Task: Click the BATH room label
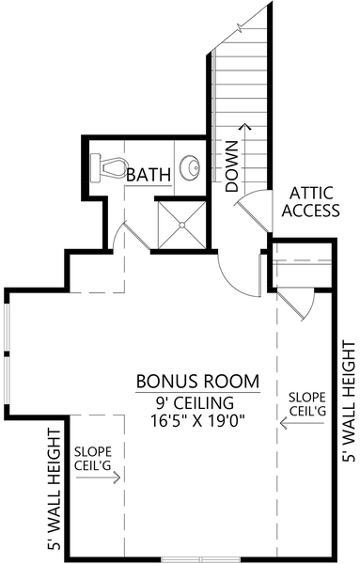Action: pyautogui.click(x=148, y=174)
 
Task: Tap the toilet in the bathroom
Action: pyautogui.click(x=110, y=168)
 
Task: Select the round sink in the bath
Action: pyautogui.click(x=191, y=168)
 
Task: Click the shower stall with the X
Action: pyautogui.click(x=179, y=225)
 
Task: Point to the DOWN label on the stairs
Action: pyautogui.click(x=232, y=167)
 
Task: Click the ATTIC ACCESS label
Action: pyautogui.click(x=310, y=201)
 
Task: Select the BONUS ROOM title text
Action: pyautogui.click(x=197, y=382)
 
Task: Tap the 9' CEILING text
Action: pyautogui.click(x=197, y=402)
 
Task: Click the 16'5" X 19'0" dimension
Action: pyautogui.click(x=197, y=421)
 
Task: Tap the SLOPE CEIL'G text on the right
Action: pyautogui.click(x=307, y=402)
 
